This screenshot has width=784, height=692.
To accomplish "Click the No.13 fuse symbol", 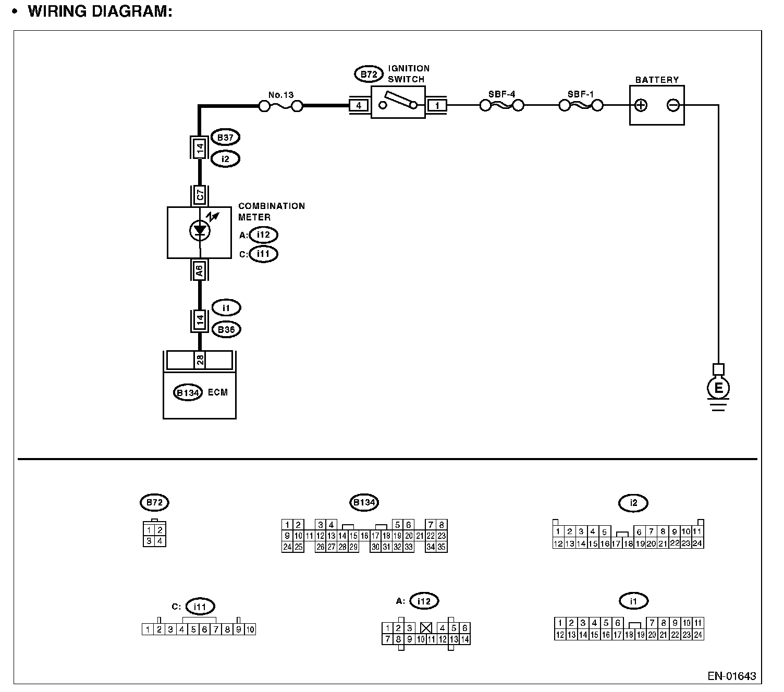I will (281, 106).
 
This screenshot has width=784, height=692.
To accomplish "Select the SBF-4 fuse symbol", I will (501, 106).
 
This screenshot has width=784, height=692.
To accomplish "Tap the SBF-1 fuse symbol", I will (581, 106).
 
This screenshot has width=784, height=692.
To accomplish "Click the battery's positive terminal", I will (641, 105).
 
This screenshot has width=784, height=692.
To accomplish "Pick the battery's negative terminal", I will (673, 105).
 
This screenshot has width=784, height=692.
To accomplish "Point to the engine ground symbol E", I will (718, 388).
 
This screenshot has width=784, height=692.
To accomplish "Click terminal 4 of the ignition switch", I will (359, 106).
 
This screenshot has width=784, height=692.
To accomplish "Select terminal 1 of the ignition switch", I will (437, 106).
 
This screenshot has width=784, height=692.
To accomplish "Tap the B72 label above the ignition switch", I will (369, 75).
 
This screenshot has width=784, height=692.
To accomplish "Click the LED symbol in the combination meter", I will (200, 230).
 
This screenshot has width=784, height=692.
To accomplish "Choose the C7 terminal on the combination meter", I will (200, 196).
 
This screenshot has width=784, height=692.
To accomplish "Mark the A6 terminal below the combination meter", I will (200, 270).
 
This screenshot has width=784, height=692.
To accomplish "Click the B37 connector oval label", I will (225, 138).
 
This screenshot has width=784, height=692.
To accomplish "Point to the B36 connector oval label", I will (226, 329).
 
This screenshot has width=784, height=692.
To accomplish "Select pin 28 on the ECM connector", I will (200, 360).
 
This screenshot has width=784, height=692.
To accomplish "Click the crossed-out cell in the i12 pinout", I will (426, 628).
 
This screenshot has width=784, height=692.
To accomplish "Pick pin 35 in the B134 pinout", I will (442, 547).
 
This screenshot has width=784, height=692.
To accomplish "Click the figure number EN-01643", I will (731, 676).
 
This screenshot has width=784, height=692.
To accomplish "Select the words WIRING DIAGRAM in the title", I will (100, 11).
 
